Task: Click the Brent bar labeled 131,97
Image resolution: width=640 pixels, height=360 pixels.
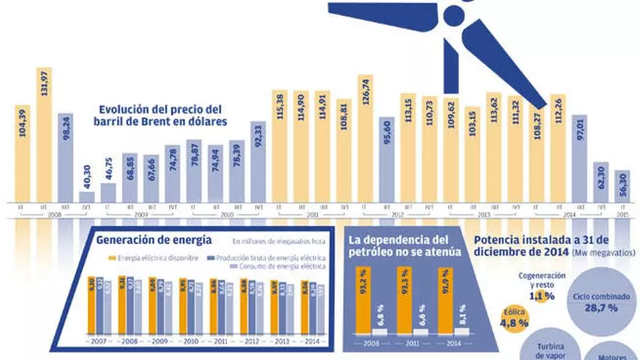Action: click(45, 135)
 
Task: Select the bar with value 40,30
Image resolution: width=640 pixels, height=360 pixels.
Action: click(87, 196)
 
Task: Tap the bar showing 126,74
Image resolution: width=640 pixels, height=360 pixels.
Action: click(366, 138)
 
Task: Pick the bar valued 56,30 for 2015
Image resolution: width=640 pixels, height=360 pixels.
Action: click(623, 186)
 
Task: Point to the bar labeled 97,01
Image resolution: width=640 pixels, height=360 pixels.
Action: click(580, 158)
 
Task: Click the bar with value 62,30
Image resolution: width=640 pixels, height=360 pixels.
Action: click(601, 182)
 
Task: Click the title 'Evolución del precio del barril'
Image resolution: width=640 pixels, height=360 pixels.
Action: click(163, 115)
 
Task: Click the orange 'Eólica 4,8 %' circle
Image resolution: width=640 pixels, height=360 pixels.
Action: click(514, 318)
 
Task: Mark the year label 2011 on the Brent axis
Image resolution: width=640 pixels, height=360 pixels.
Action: click(313, 215)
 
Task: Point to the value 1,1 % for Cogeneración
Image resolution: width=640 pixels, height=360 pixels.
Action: click(537, 296)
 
